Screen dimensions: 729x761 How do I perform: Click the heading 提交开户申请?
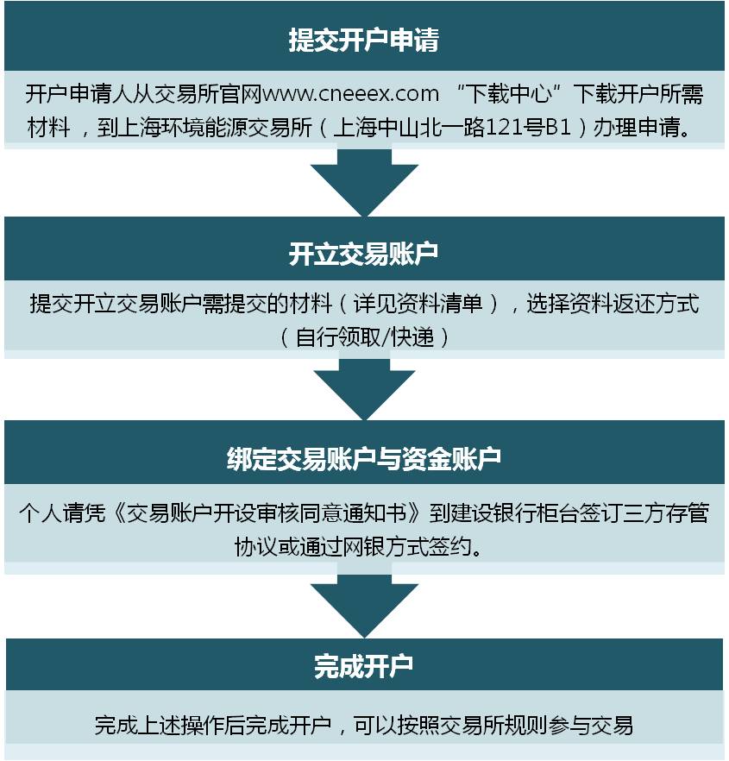click(364, 40)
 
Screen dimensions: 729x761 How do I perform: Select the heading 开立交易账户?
click(364, 254)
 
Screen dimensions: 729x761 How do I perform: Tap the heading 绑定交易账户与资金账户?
click(364, 459)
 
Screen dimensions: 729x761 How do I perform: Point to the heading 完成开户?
click(364, 666)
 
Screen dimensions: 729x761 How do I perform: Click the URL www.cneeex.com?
click(350, 93)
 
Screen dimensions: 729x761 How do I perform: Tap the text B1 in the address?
click(556, 127)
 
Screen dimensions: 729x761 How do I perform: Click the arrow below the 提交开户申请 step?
click(364, 183)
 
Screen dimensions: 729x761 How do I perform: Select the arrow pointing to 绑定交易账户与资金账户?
click(364, 389)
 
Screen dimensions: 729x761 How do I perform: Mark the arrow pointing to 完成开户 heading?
click(364, 607)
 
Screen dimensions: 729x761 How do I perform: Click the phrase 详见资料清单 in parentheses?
click(418, 304)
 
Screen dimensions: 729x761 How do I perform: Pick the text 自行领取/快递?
click(364, 336)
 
